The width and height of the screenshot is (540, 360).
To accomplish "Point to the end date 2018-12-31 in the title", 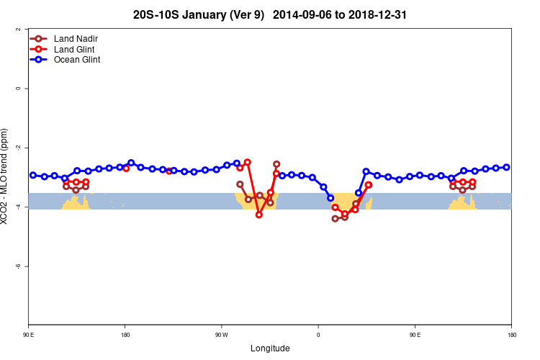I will pos(383,14).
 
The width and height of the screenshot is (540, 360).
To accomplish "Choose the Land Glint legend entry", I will pos(74,49).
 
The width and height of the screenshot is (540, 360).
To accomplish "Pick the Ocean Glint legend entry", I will pos(77,60).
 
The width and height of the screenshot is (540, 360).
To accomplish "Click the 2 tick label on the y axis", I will pos(17,30).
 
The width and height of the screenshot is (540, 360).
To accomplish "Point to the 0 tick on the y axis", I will pos(17,89).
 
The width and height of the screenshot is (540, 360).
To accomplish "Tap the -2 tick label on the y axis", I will pos(17,148).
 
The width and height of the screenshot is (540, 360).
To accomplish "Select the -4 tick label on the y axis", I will pos(17,207).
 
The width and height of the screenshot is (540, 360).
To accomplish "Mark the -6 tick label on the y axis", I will pos(17,266).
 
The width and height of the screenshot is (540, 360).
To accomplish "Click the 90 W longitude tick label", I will pos(221,335).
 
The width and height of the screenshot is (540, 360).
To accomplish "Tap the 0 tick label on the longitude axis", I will pos(318,335).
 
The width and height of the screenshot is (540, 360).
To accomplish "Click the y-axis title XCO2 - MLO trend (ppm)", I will pos(6,176).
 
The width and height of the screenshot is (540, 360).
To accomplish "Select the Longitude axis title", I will pos(270,348).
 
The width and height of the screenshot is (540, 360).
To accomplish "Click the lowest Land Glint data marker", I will pos(259,215).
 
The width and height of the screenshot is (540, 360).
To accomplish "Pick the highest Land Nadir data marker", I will pos(276,164).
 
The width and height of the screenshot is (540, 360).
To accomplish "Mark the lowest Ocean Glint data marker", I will pos(330,198).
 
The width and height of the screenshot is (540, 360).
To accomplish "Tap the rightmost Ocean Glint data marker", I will pos(507,167).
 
